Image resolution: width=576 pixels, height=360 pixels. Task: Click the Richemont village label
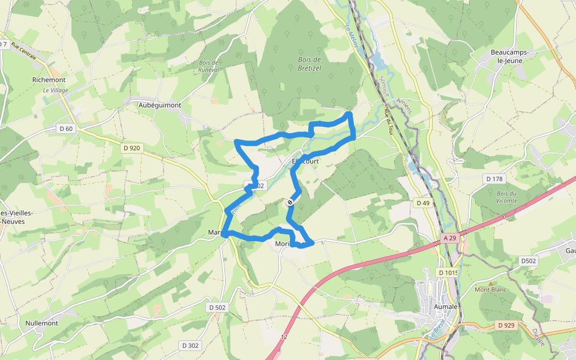[49, 79]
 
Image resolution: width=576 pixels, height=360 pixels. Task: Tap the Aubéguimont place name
[160, 105]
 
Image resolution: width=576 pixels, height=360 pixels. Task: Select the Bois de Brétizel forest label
[310, 63]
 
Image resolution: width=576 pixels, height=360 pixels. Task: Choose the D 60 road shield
[66, 128]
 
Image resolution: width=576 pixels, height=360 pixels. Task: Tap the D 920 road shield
[131, 148]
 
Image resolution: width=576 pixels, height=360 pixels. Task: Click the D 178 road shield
[494, 179]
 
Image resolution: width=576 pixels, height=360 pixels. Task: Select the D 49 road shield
[423, 203]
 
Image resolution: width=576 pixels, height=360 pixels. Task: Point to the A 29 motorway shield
[451, 238]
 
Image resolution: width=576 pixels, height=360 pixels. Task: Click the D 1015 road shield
[448, 273]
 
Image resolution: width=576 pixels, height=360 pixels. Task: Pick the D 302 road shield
[190, 345]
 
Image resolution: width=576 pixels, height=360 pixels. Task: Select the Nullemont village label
[42, 323]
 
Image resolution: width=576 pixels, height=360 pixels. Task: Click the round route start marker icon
[290, 203]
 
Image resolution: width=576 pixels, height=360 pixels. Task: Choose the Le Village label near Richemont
[55, 91]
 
